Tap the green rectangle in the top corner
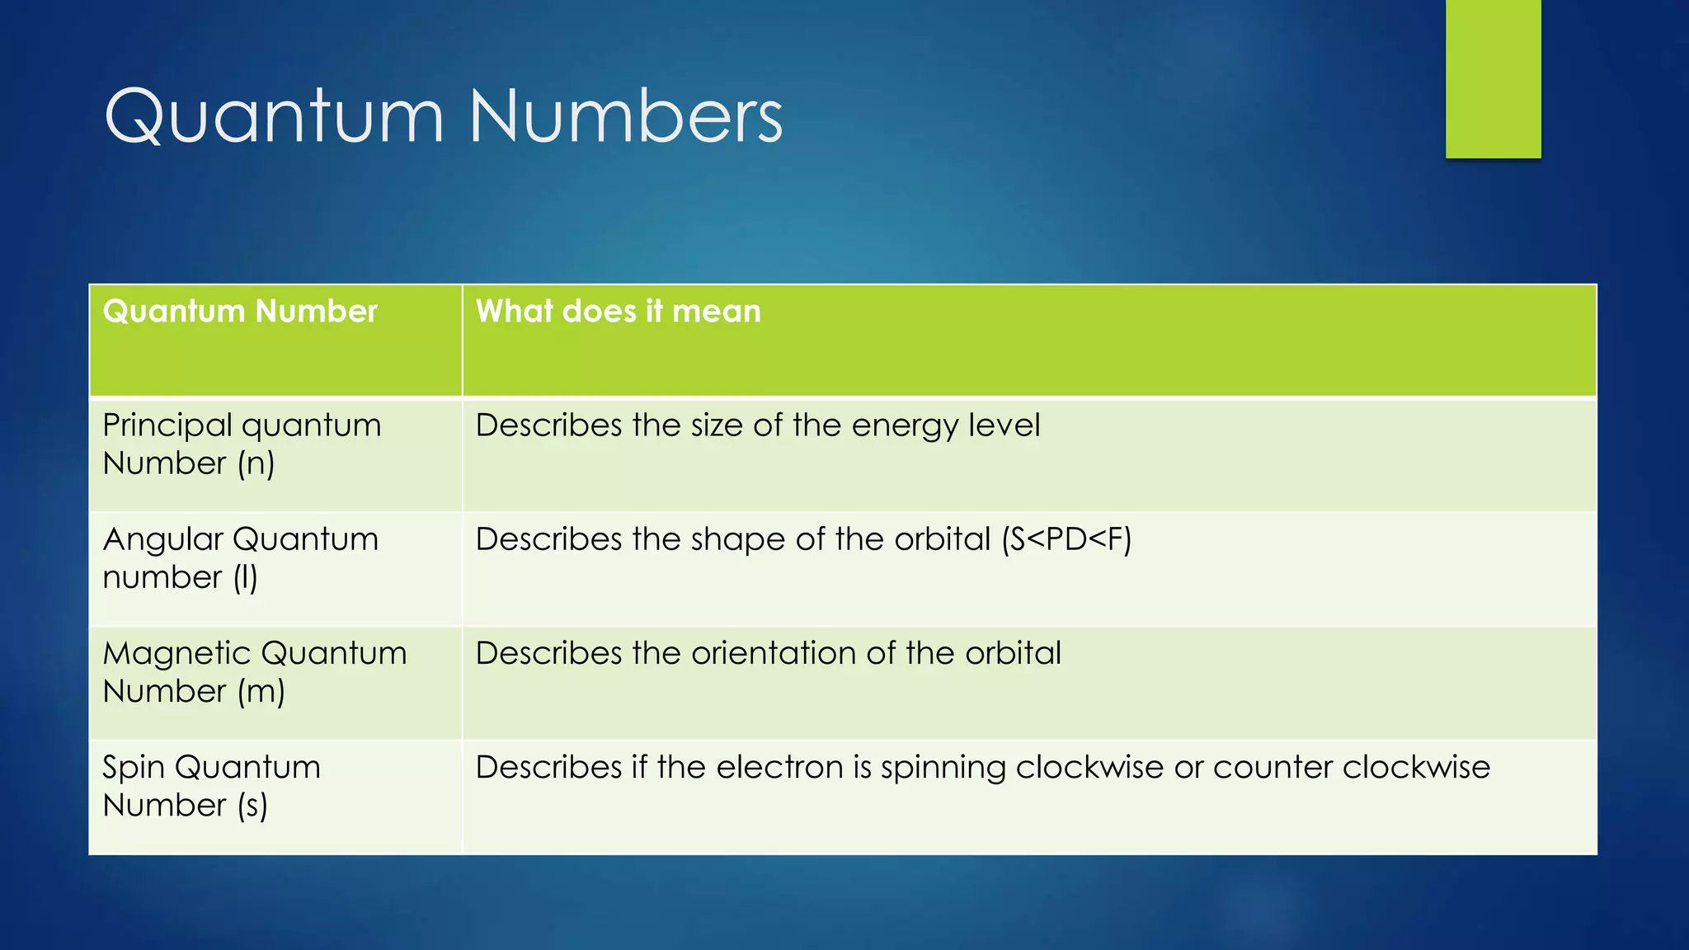pyautogui.click(x=1493, y=78)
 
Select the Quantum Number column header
pyautogui.click(x=240, y=312)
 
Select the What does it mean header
pyautogui.click(x=618, y=312)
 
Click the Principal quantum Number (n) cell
pyautogui.click(x=242, y=444)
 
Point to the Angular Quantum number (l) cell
pyautogui.click(x=240, y=558)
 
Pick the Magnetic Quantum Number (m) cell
pyautogui.click(x=254, y=672)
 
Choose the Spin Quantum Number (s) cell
pyautogui.click(x=211, y=786)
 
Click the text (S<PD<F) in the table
pyautogui.click(x=1066, y=539)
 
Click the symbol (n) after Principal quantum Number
pyautogui.click(x=256, y=463)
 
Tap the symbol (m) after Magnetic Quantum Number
pyautogui.click(x=261, y=692)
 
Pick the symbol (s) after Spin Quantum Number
pyautogui.click(x=252, y=806)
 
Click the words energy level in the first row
pyautogui.click(x=945, y=426)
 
